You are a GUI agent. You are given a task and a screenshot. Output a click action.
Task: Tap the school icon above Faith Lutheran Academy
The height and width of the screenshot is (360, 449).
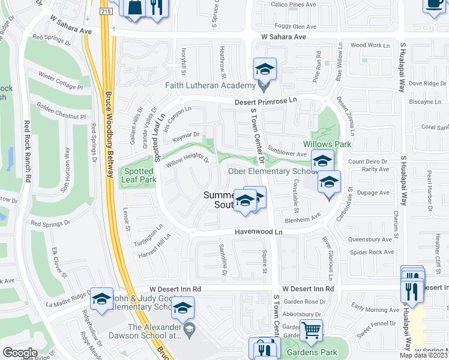264,69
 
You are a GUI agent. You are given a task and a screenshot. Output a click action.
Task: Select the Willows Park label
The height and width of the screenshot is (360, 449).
327,144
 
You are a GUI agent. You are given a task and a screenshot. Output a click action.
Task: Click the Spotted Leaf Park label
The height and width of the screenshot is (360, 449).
139,175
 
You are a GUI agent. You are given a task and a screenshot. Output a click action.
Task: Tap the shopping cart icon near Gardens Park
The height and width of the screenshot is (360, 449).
311,329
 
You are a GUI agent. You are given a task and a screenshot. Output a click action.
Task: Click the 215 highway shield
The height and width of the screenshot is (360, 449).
106,11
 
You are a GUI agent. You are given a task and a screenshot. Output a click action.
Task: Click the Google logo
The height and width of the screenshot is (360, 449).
20,353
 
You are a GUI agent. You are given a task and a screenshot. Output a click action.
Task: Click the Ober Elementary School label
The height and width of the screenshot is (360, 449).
272,172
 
